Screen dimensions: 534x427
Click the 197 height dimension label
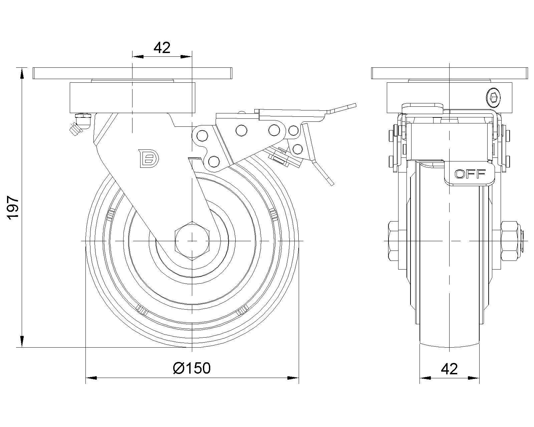point(13,207)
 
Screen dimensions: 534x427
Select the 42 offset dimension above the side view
point(162,48)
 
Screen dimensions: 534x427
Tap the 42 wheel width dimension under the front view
point(449,369)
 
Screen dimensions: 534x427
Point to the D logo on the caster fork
point(149,158)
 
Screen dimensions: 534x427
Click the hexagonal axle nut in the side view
point(192,241)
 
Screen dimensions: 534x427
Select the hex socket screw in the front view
point(494,98)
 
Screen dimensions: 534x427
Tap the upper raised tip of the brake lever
point(355,105)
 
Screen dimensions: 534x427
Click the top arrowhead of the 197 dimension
point(22,73)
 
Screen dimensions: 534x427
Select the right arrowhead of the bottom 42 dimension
point(474,378)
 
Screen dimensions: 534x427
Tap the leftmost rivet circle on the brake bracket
point(202,136)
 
